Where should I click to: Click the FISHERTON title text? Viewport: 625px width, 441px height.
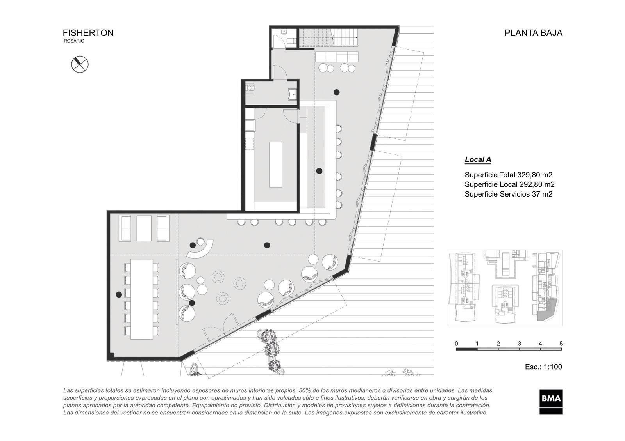pyautogui.click(x=88, y=33)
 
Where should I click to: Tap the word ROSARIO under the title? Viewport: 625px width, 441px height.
pyautogui.click(x=74, y=41)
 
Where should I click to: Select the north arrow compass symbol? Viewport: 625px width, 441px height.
pyautogui.click(x=80, y=64)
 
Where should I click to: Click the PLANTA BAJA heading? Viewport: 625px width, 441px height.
pyautogui.click(x=533, y=33)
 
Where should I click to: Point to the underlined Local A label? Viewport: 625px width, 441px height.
pyautogui.click(x=478, y=159)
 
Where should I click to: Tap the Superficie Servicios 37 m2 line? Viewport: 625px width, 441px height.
pyautogui.click(x=508, y=194)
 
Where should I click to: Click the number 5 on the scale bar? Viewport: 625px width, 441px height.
pyautogui.click(x=561, y=344)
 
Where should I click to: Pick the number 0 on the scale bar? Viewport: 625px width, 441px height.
pyautogui.click(x=456, y=344)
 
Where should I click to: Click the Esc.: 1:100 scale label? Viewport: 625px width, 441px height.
pyautogui.click(x=543, y=367)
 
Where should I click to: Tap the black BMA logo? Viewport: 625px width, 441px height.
pyautogui.click(x=551, y=402)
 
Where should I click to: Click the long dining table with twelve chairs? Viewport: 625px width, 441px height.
pyautogui.click(x=142, y=299)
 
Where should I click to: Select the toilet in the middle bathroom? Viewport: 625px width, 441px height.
pyautogui.click(x=250, y=88)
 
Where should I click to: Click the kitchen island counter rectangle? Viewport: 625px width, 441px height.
pyautogui.click(x=275, y=165)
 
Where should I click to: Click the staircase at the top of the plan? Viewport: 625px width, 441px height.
pyautogui.click(x=329, y=38)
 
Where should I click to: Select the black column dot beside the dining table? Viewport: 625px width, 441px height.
pyautogui.click(x=119, y=294)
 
